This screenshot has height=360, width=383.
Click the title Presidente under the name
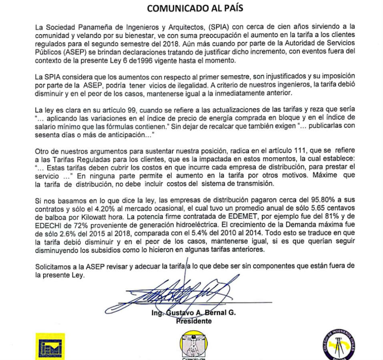pyautogui.click(x=194, y=321)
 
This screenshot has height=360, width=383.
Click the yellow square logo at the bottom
pyautogui.click(x=50, y=346)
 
